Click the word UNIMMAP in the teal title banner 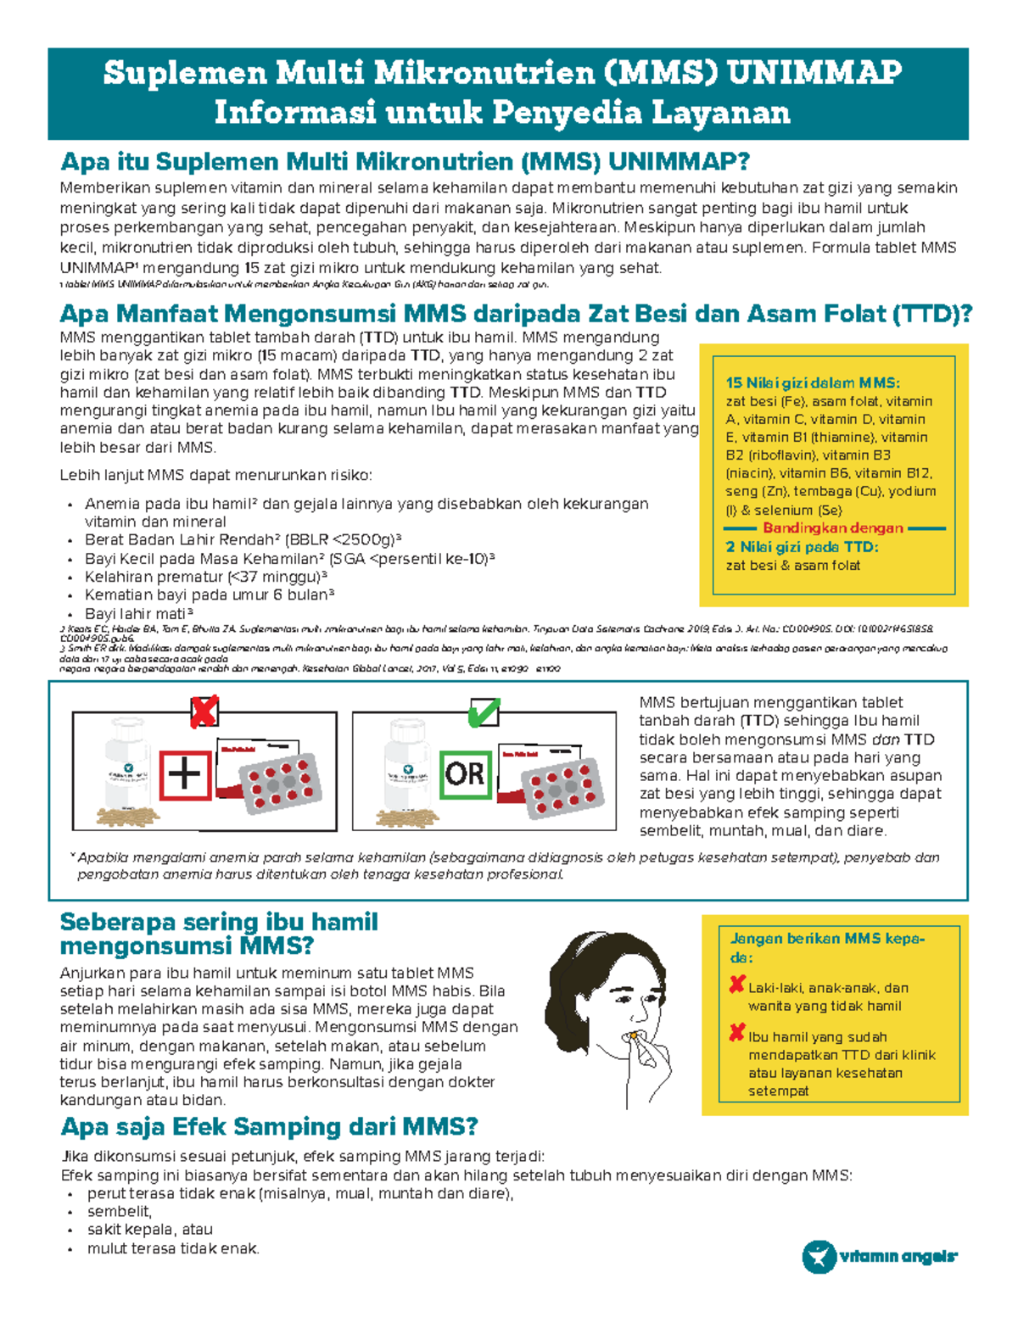point(814,73)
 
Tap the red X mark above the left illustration point(204,712)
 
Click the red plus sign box point(186,775)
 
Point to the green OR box point(465,773)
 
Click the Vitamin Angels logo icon point(819,1256)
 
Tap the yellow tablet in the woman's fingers point(633,1036)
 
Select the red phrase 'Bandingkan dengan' point(832,528)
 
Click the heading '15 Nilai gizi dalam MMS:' point(812,382)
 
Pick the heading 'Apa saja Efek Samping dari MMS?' point(269,1127)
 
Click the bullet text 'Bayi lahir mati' point(136,613)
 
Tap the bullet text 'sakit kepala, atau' point(150,1230)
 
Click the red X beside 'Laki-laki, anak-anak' point(736,985)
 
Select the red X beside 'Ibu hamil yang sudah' point(736,1034)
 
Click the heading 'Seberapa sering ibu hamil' point(219,922)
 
